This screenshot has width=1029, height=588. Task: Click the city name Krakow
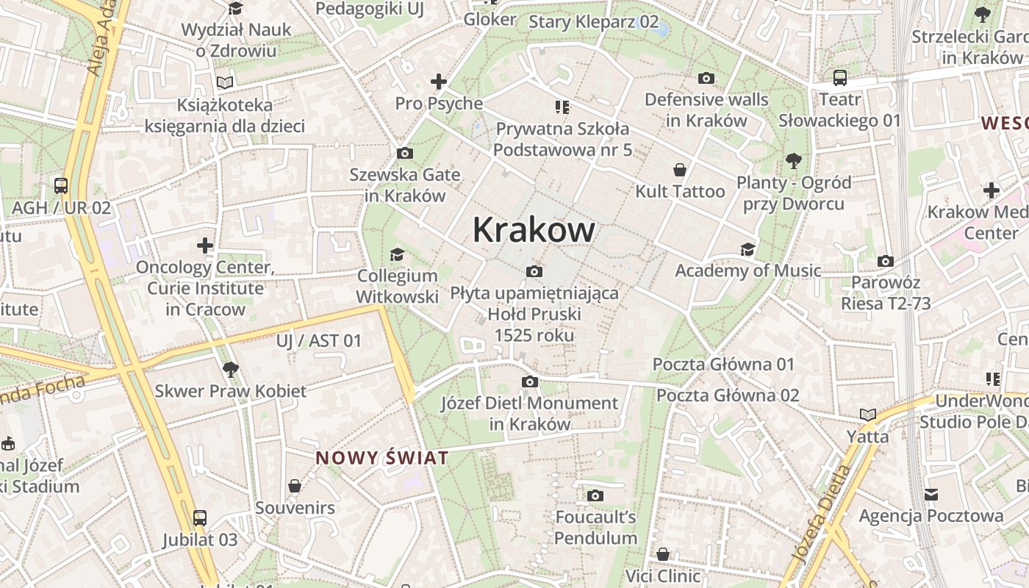click(533, 230)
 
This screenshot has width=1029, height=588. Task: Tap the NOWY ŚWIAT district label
click(381, 458)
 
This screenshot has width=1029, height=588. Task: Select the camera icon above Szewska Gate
click(404, 153)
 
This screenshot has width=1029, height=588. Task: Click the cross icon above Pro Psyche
click(439, 82)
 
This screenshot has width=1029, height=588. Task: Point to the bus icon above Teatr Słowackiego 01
click(839, 77)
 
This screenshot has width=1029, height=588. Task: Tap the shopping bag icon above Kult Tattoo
click(681, 170)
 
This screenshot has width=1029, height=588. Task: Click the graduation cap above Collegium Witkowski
click(397, 254)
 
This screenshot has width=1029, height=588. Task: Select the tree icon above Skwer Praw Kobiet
click(231, 369)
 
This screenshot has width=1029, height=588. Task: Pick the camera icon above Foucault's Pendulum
click(595, 495)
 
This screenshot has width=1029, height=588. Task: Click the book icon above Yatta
click(868, 415)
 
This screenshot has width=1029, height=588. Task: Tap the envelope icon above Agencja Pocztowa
click(931, 494)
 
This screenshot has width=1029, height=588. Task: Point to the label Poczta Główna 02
click(727, 395)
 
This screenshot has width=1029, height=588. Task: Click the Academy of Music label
click(747, 270)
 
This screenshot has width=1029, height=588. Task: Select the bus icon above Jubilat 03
click(199, 518)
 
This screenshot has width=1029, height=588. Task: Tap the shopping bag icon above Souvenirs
click(295, 486)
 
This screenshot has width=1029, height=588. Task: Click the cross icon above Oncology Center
click(205, 245)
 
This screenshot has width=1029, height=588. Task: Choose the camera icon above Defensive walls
click(706, 78)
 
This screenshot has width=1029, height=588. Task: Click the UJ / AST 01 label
click(319, 340)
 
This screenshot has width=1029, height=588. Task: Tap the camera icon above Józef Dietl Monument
click(529, 381)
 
